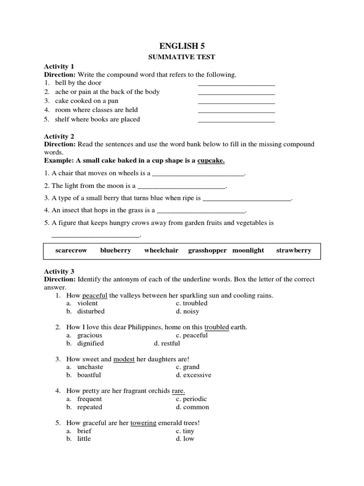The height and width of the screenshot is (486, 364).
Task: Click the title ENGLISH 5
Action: coord(182,46)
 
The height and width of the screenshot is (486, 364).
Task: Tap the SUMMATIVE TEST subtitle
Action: coord(182,57)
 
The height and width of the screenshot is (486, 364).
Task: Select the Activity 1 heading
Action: coord(59,66)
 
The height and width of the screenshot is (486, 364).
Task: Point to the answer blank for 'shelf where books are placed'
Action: coord(236,121)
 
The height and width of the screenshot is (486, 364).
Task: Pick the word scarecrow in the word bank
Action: coord(71,250)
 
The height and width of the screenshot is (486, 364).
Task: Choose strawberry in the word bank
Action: coord(293,250)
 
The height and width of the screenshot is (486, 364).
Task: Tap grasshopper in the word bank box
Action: coord(207,250)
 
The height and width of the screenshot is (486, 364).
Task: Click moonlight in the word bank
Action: coord(248,250)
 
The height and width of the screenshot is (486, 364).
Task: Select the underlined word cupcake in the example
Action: coord(211,160)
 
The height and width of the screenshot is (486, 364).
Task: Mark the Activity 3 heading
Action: coord(59,271)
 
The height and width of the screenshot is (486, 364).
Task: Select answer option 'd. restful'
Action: coord(167,343)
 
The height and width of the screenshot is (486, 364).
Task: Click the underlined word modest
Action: coord(124,359)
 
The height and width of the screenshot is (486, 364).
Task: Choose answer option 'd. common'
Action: coord(192,407)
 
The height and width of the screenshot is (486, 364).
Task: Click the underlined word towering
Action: coord(143,423)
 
